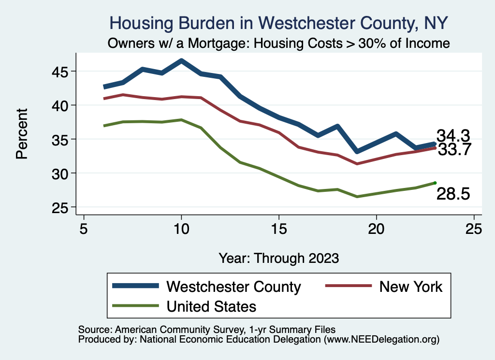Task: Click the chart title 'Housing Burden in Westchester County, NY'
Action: coord(279,22)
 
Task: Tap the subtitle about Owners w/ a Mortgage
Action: coord(279,43)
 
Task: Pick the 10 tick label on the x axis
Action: coord(181,229)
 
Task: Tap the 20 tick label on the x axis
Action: coord(376,229)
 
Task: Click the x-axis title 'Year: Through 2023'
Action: coord(278,258)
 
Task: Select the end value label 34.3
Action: coord(453,136)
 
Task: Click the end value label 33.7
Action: coord(454,150)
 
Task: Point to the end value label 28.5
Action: coord(453,194)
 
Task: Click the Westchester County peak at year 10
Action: coord(181,61)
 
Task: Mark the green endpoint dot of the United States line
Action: coord(435,183)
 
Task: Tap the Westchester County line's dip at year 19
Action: coord(357,151)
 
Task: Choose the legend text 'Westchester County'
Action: coord(233,287)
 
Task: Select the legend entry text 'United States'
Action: coord(211,306)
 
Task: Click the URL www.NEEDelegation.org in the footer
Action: coord(381,339)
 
